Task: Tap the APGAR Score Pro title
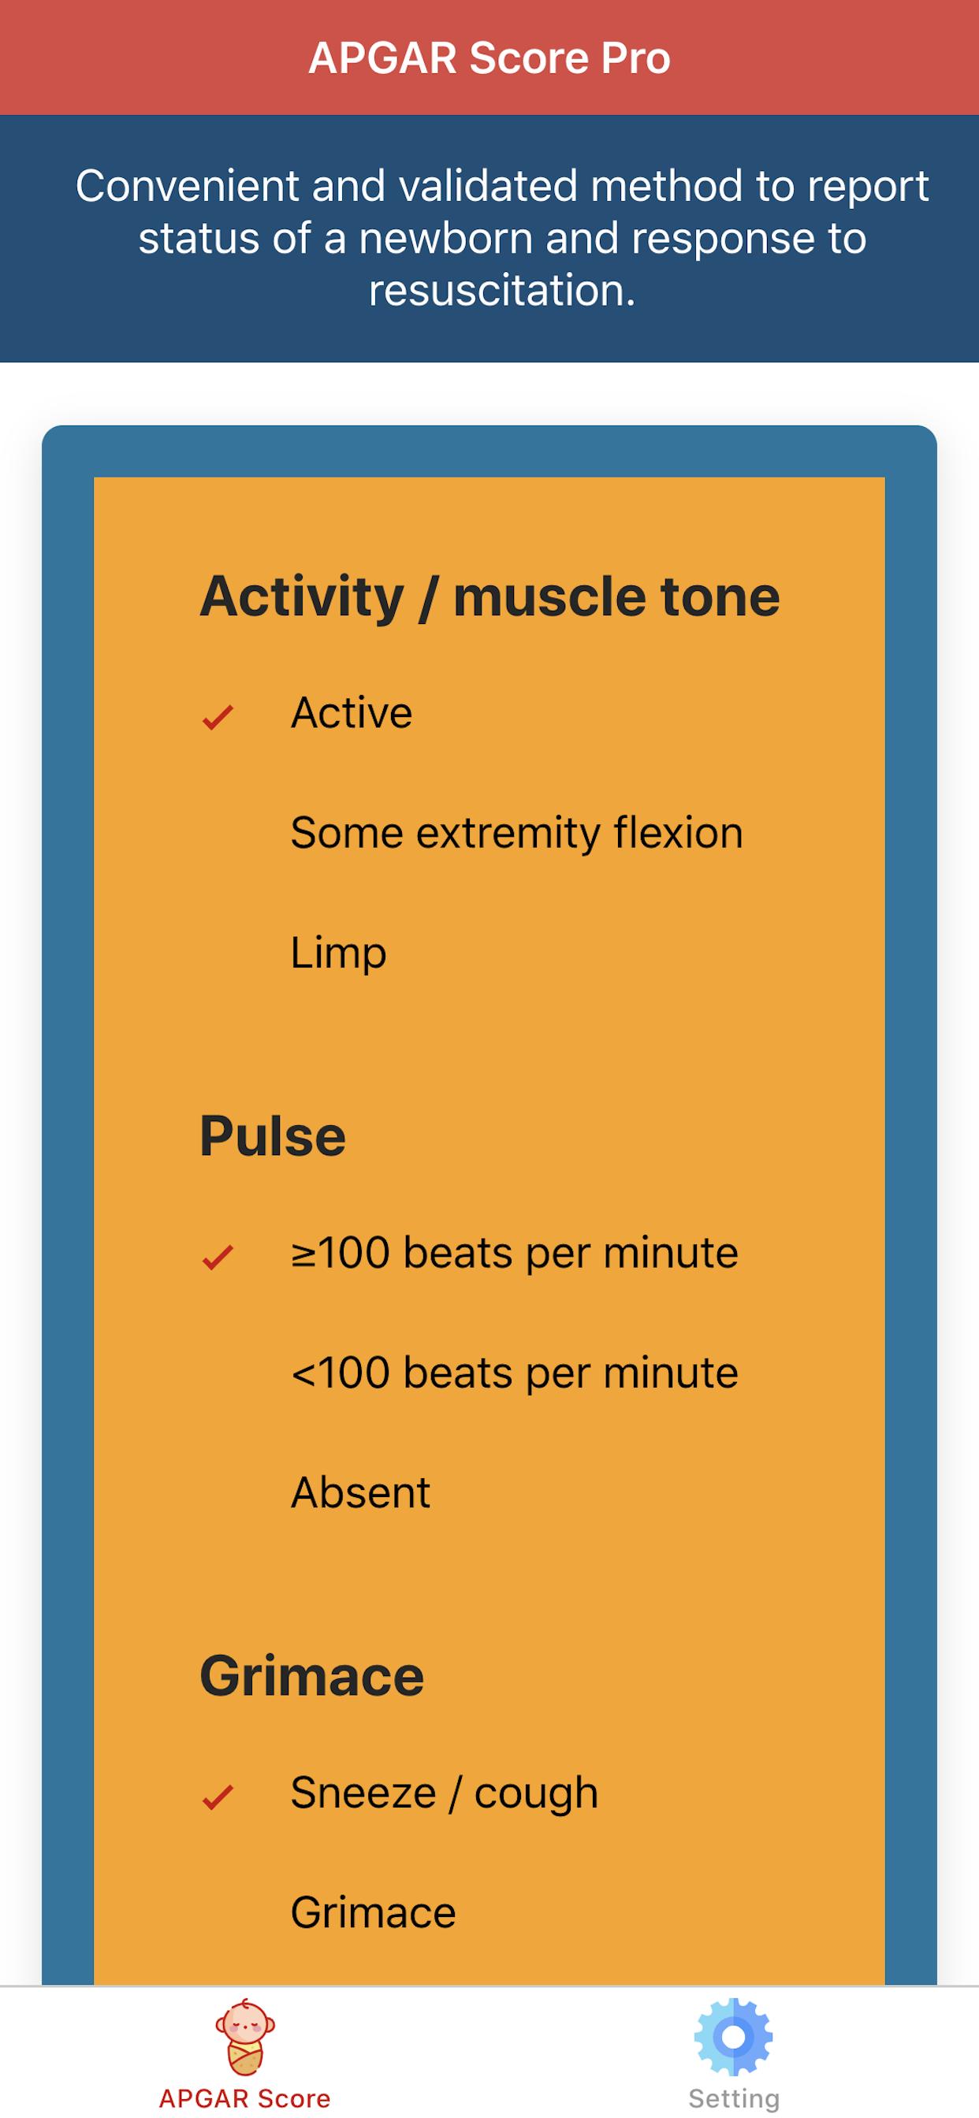coord(489,58)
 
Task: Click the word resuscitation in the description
coord(502,290)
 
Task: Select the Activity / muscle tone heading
coord(489,596)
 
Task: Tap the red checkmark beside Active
coord(218,717)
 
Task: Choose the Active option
coord(352,712)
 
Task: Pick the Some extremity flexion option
coord(516,833)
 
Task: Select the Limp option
coord(338,953)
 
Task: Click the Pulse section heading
coord(272,1135)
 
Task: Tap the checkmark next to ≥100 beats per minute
coord(218,1256)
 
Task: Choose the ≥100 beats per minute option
coord(514,1253)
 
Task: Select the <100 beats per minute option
coord(514,1373)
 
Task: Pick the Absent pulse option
coord(360,1492)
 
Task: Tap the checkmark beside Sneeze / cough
coord(218,1797)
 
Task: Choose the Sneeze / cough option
coord(445,1793)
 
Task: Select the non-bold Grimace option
coord(374,1913)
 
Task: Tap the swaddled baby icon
coord(245,2037)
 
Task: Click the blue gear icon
coord(734,2037)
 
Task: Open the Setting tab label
coord(734,2099)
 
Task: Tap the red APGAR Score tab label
coord(245,2098)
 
